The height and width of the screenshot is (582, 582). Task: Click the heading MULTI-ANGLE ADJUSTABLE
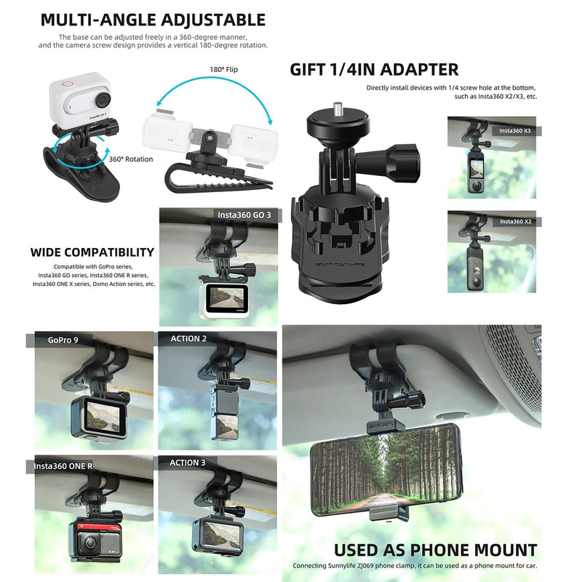pyautogui.click(x=153, y=20)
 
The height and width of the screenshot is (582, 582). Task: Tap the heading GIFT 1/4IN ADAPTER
pyautogui.click(x=374, y=70)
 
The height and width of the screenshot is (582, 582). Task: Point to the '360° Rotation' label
pyautogui.click(x=132, y=159)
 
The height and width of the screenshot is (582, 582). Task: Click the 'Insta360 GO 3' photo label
pyautogui.click(x=244, y=215)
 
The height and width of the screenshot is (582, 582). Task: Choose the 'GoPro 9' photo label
pyautogui.click(x=64, y=339)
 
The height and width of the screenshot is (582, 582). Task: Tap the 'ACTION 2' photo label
pyautogui.click(x=188, y=339)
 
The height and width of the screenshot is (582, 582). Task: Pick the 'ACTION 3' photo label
pyautogui.click(x=188, y=463)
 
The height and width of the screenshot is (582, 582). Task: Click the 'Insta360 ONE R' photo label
pyautogui.click(x=63, y=466)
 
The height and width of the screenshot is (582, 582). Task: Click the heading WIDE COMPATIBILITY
pyautogui.click(x=92, y=253)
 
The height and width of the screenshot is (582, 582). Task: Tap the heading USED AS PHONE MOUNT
pyautogui.click(x=435, y=550)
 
